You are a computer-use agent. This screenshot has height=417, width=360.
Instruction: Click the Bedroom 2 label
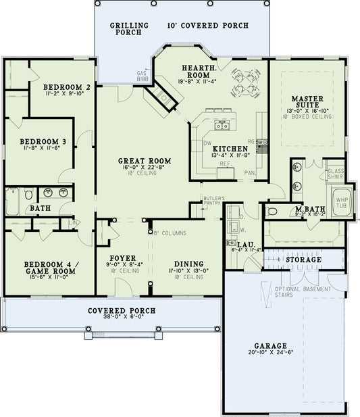tap(67, 87)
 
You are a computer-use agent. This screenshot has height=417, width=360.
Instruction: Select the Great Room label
tap(144, 161)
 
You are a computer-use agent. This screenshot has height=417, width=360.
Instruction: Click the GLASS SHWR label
tap(336, 174)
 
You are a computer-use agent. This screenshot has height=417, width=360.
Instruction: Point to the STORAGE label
tap(303, 260)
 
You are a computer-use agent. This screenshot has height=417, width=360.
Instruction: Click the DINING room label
tap(186, 264)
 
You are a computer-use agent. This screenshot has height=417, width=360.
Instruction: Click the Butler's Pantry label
tap(213, 199)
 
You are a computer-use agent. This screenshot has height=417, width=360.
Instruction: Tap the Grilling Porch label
tap(125, 28)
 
